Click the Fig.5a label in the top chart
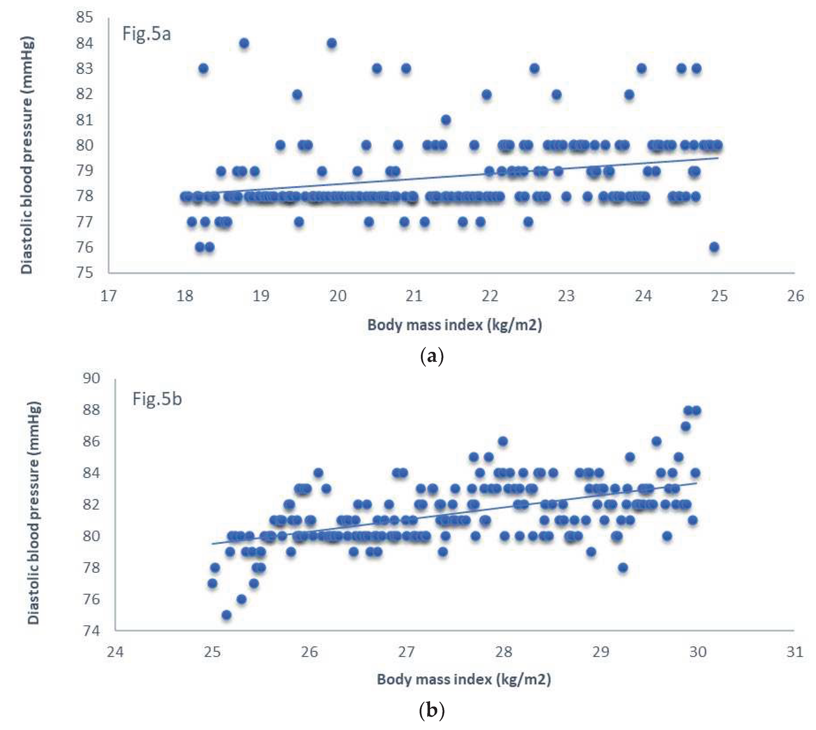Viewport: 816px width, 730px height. [x=146, y=34]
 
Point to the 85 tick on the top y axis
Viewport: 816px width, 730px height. [x=84, y=17]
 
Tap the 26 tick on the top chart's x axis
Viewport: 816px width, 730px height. [x=795, y=296]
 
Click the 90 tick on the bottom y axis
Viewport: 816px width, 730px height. [x=91, y=378]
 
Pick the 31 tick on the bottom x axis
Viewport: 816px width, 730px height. [x=795, y=652]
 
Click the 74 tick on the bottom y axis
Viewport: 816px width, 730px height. [x=91, y=631]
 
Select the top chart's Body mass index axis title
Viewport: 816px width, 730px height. [x=455, y=325]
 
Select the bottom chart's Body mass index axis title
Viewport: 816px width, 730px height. [x=464, y=679]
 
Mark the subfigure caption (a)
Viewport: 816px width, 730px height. [x=431, y=356]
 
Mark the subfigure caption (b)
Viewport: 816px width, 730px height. [x=431, y=711]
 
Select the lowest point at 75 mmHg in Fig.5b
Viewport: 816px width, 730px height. [x=226, y=615]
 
